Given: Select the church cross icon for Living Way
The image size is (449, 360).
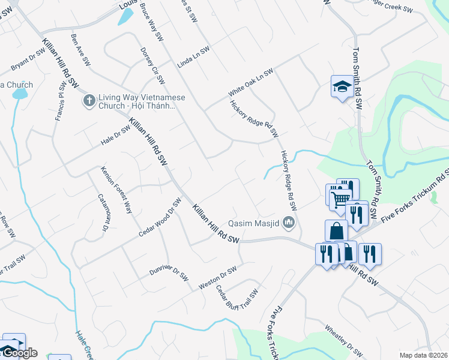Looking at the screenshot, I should [x=88, y=100].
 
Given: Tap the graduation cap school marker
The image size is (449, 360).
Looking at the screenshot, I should [x=342, y=88].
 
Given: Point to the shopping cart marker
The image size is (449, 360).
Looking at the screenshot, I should [x=340, y=199].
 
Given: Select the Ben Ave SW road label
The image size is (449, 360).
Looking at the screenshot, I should [x=80, y=50].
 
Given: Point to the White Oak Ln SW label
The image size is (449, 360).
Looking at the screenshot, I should [x=250, y=83].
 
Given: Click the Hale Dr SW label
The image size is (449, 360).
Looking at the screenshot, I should [x=116, y=136].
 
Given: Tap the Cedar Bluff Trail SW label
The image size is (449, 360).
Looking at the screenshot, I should [x=237, y=296].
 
